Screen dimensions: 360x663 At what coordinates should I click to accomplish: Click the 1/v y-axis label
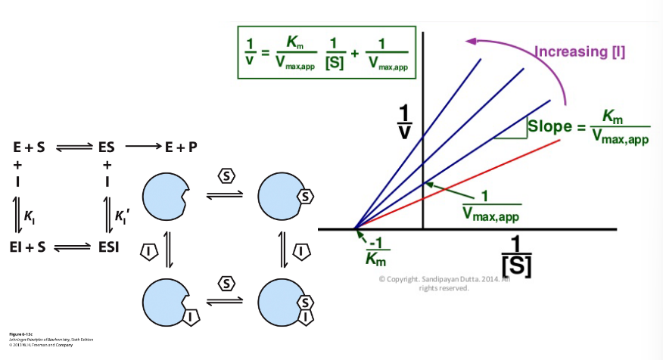click(406, 122)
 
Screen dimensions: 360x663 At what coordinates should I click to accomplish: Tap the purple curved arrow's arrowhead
click(471, 42)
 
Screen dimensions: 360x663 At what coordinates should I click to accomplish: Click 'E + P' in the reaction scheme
click(181, 147)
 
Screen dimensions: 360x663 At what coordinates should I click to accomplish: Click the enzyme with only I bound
click(166, 303)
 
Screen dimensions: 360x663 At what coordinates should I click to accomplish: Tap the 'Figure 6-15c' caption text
click(20, 333)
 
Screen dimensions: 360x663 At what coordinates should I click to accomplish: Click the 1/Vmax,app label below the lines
click(491, 205)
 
